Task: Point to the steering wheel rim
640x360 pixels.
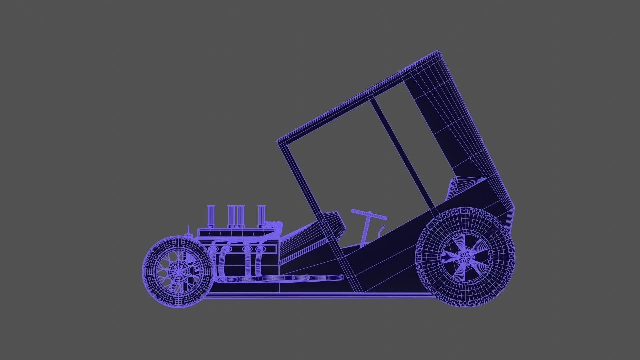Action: [369, 214]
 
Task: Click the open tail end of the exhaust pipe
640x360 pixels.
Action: [341, 277]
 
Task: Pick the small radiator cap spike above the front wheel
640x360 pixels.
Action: [189, 230]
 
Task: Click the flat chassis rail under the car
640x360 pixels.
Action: [317, 294]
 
